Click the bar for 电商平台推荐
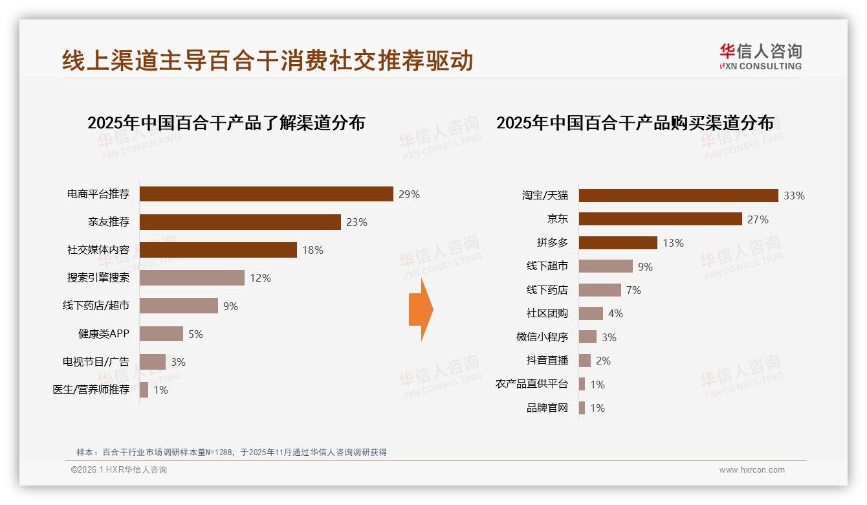pos(266,194)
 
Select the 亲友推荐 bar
pos(240,222)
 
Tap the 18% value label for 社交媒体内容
pos(313,250)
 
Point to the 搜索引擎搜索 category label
pos(98,278)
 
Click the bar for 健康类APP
pos(161,334)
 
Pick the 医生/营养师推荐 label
pos(91,390)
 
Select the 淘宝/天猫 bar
pos(678,196)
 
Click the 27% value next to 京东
pos(758,219)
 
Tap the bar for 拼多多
pos(618,243)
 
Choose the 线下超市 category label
pos(547,266)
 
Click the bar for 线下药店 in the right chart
pos(600,290)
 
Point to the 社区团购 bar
pos(591,313)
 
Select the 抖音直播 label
pos(547,361)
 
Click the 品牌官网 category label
pos(547,408)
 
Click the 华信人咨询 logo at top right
pos(760,56)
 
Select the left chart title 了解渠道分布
pos(226,122)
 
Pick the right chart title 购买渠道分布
pos(635,122)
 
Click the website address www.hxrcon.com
pos(751,470)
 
